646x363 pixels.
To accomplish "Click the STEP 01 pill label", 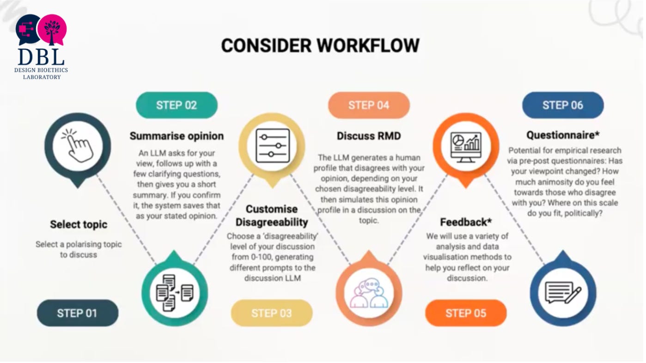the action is [x=78, y=314].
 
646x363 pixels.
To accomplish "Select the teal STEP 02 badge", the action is [x=177, y=105].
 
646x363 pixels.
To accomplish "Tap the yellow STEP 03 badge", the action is [x=272, y=314].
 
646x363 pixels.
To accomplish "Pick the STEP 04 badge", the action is [x=369, y=105].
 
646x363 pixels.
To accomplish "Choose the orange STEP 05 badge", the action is [x=466, y=314].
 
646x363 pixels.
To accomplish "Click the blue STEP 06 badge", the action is [x=563, y=105].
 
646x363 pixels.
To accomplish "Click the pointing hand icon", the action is [x=77, y=145].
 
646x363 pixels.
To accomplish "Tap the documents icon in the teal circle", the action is [x=175, y=293].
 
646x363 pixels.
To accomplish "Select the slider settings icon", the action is [x=273, y=146].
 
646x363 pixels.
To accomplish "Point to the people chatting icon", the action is [x=369, y=294].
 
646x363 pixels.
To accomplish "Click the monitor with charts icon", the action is [x=466, y=147].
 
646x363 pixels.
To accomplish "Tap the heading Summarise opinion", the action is [x=177, y=136].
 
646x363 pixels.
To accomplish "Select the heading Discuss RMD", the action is [x=369, y=136].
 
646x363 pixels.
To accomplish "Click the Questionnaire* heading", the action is [x=563, y=135].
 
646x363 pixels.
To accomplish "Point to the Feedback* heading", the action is [x=466, y=222].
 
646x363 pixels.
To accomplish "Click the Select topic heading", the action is [x=79, y=224].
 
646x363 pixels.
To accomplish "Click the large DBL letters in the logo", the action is [x=41, y=57].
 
